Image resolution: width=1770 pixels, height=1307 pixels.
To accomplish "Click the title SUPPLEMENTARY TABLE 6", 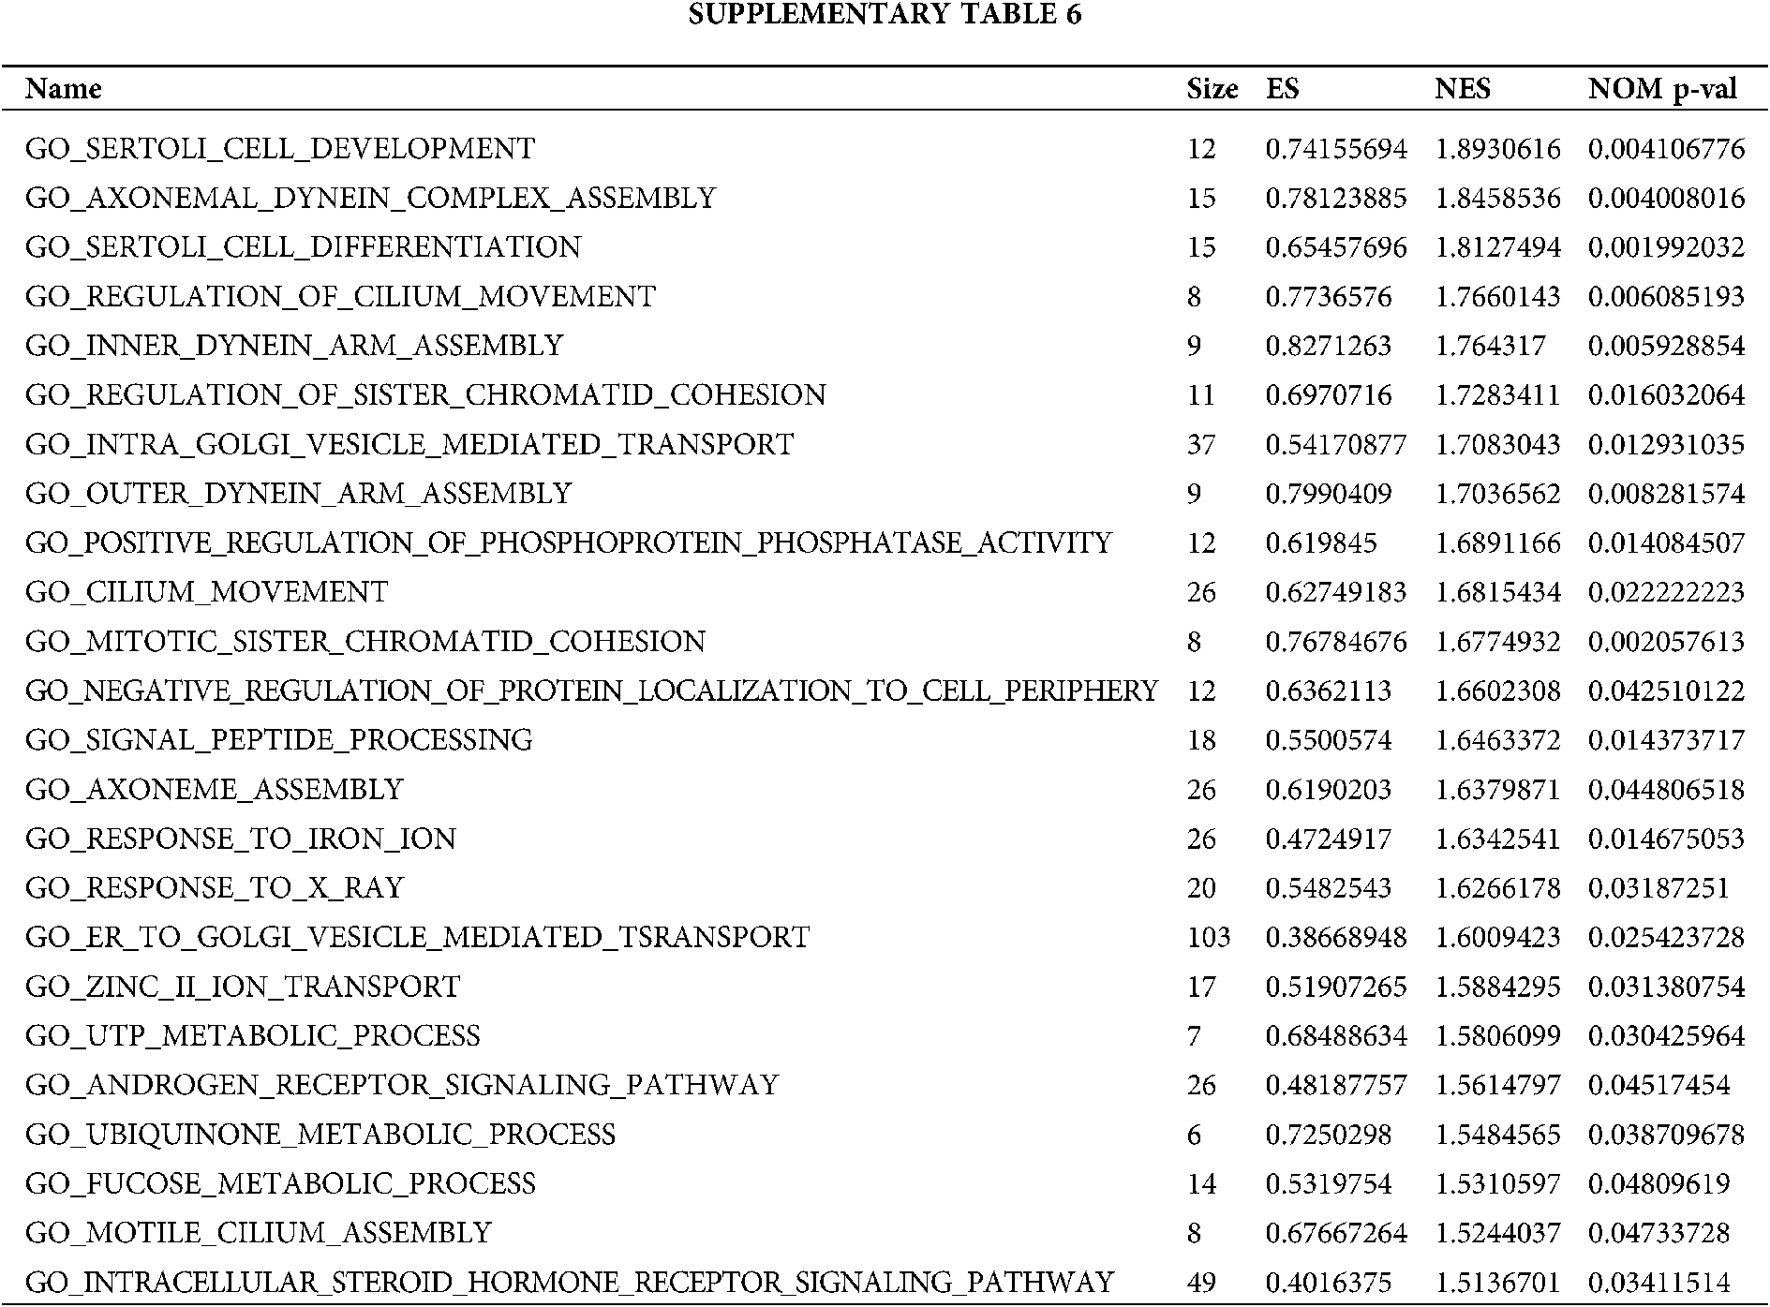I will point(885,15).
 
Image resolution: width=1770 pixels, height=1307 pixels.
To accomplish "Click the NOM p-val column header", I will point(1662,89).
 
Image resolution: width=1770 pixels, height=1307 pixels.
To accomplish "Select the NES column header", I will point(1462,89).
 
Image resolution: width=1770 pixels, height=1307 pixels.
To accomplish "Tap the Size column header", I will point(1212,89).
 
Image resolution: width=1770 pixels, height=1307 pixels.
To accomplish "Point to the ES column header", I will point(1283,89).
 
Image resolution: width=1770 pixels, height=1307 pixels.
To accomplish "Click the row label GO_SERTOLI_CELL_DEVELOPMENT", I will point(280,149).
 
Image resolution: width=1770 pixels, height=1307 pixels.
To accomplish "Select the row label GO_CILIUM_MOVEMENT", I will point(206,592).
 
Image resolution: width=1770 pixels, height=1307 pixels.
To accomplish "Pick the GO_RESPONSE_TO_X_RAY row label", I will point(214,887).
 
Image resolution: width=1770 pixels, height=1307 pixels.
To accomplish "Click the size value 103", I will point(1208,937).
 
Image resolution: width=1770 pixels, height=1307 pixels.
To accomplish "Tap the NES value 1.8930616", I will point(1497,149).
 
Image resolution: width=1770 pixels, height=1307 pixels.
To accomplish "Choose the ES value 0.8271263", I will point(1328,346).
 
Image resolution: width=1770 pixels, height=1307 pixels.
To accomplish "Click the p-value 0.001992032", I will point(1666,247).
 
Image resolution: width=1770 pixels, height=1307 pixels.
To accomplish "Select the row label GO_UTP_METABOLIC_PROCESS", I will point(252,1035).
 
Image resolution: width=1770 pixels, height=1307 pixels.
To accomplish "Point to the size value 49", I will point(1201,1282).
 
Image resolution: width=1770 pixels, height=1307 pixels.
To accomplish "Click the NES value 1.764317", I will point(1490,346).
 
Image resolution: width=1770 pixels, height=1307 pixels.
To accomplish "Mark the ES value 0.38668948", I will point(1335,937).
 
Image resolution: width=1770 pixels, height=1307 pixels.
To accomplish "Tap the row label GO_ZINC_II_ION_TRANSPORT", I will point(243,987).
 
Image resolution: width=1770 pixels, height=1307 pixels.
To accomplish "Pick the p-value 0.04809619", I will point(1658,1183).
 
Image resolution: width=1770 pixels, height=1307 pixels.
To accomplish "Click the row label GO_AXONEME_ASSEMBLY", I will point(214,789).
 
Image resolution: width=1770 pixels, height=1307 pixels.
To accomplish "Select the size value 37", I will point(1201,444).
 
